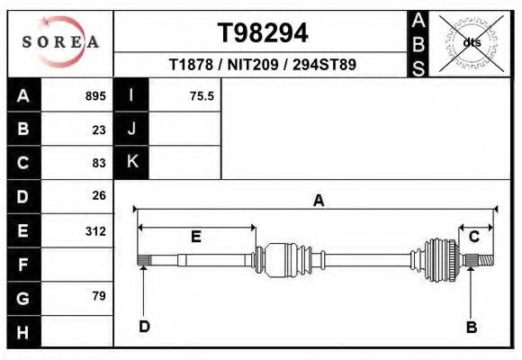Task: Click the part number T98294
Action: (263, 33)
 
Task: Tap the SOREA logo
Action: (60, 42)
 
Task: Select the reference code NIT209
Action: (253, 65)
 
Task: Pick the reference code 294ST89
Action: (324, 65)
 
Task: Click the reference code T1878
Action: (191, 65)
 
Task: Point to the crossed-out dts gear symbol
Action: (472, 43)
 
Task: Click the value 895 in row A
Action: (95, 96)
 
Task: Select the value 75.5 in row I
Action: (202, 96)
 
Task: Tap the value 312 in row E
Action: (95, 231)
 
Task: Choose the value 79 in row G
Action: (99, 296)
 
